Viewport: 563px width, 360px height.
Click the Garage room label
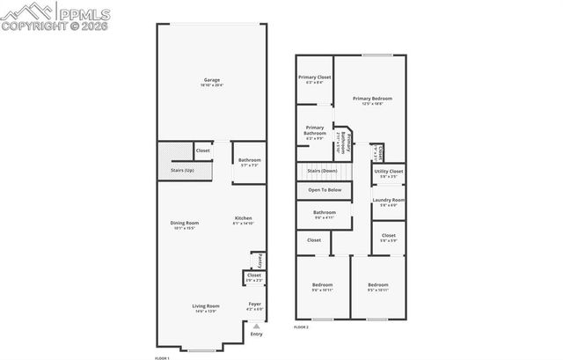[x=211, y=80]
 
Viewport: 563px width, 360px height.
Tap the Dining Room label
[x=185, y=223]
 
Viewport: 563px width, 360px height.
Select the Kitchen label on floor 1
[x=244, y=218]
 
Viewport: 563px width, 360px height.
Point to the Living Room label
[x=205, y=305]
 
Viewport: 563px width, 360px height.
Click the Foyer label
[x=254, y=305]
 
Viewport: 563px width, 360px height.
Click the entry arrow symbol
[x=256, y=326]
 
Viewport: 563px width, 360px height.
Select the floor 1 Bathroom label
[x=250, y=160]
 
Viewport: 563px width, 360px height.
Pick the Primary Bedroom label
[x=372, y=99]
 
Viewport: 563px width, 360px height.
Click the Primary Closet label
[x=313, y=77]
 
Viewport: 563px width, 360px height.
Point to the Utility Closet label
[x=388, y=171]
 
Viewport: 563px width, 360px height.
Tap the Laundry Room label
[x=388, y=200]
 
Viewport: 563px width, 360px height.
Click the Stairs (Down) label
[x=322, y=171]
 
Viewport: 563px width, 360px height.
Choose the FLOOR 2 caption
[x=302, y=327]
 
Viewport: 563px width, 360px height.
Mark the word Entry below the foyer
[x=256, y=334]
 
